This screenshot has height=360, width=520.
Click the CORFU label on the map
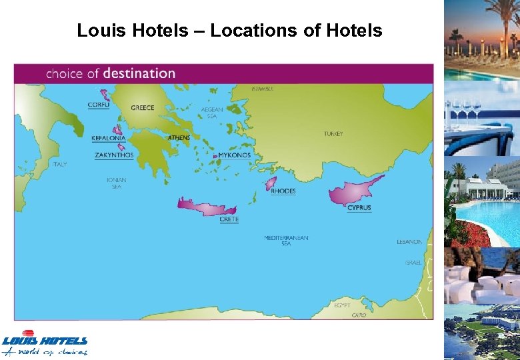tap(99, 105)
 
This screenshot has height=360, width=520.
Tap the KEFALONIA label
tap(107, 138)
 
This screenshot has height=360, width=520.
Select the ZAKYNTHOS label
tap(114, 155)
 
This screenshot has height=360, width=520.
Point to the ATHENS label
tap(179, 138)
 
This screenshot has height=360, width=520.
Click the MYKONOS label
tap(234, 155)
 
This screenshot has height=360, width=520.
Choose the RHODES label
tap(283, 191)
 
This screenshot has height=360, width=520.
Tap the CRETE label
tap(229, 219)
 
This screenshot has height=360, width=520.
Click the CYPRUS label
tap(359, 208)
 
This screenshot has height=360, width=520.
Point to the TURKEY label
tap(333, 134)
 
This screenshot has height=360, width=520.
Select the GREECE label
tap(142, 108)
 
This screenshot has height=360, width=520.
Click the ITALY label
tap(60, 164)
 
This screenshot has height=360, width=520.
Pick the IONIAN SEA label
tap(117, 183)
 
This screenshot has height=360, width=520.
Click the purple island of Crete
tap(206, 207)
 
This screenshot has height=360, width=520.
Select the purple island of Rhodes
tap(271, 183)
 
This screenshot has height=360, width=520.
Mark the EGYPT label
tap(343, 305)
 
